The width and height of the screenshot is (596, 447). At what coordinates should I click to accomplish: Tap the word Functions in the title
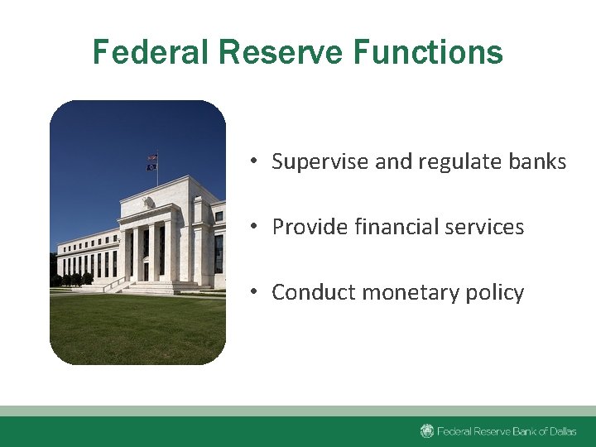tap(428, 51)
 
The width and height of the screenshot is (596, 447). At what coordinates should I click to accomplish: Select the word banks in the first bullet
tap(537, 161)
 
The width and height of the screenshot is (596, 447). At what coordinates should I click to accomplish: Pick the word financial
tap(389, 227)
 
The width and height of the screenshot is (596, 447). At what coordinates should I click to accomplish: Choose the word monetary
tap(398, 292)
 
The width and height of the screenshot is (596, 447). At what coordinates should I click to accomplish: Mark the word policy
tap(493, 292)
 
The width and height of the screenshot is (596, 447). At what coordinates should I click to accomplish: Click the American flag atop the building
tap(152, 157)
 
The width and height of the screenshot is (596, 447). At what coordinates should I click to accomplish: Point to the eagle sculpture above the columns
tap(148, 202)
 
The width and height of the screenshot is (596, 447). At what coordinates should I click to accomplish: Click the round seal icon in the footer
tap(427, 431)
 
